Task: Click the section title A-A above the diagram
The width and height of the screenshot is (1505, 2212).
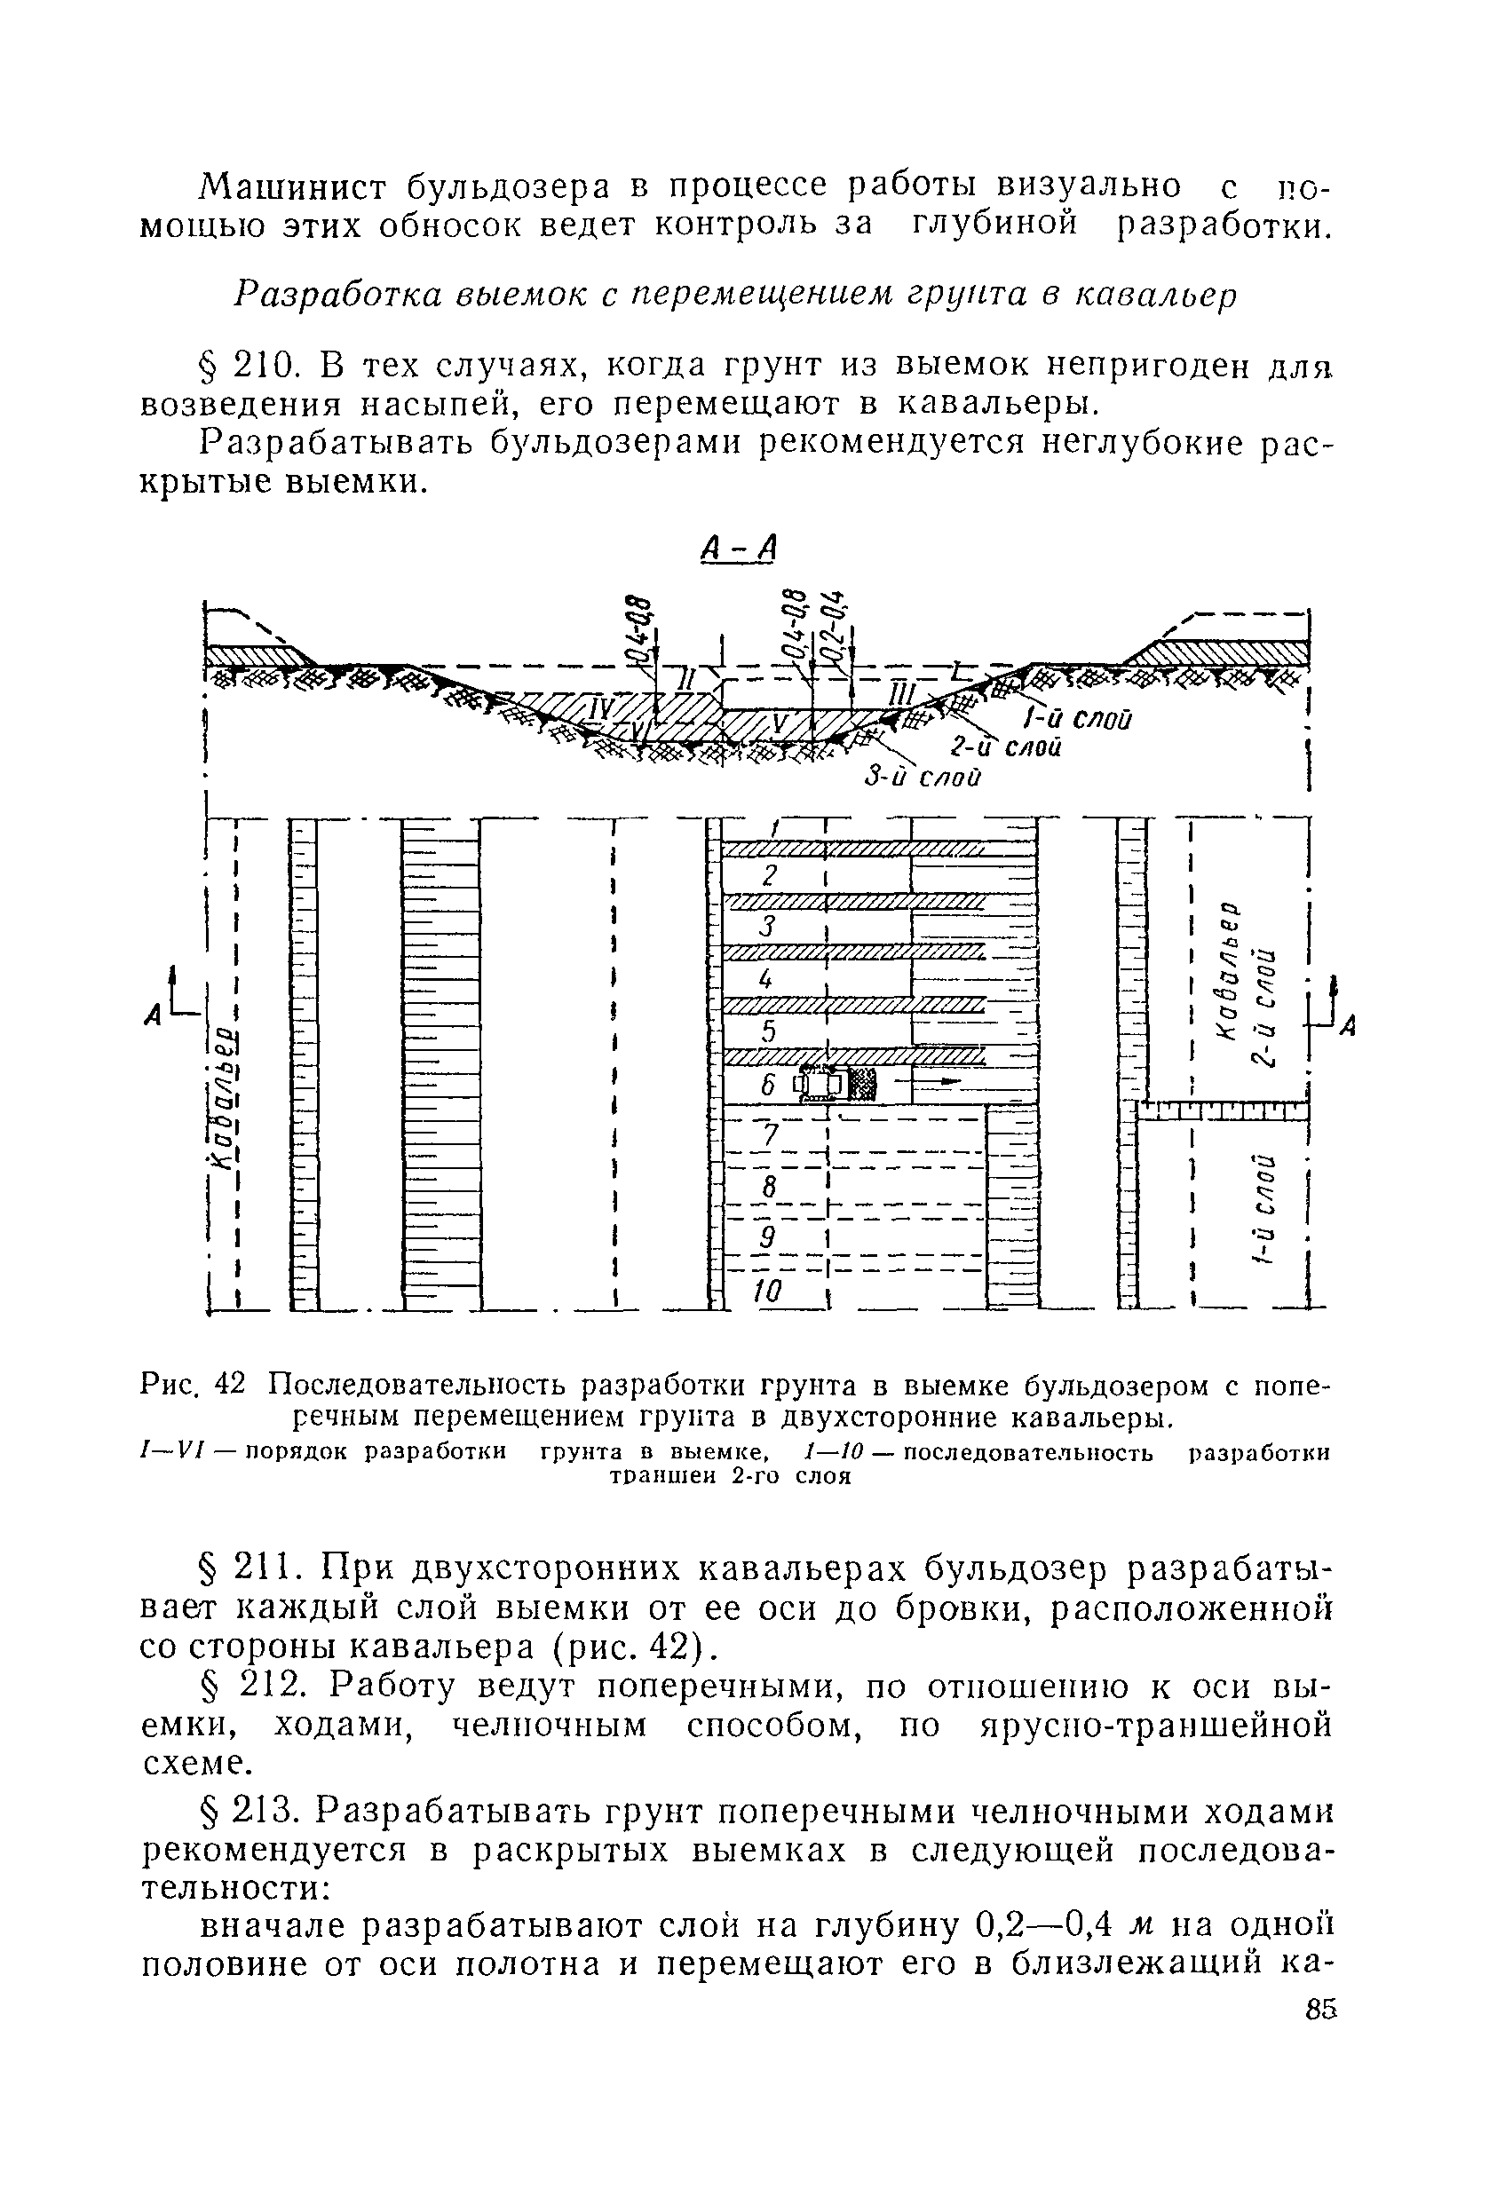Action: [x=739, y=548]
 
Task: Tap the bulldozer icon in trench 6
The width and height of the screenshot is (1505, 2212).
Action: [x=835, y=1083]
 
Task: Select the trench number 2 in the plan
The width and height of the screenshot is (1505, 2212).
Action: [x=771, y=873]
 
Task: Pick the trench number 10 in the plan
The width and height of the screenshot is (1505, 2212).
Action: [x=767, y=1291]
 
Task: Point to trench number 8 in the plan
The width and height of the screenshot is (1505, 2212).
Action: [x=770, y=1186]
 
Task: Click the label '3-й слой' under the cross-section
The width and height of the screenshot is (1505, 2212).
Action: [x=922, y=777]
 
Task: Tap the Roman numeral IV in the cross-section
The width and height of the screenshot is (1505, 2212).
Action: [x=605, y=709]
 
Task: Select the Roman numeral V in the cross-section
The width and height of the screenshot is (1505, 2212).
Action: [x=780, y=724]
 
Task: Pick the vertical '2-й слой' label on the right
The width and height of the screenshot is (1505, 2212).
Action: [x=1264, y=1007]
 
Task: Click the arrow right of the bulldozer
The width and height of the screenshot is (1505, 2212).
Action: [x=939, y=1082]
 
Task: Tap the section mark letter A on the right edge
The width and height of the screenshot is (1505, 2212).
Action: [x=1347, y=1026]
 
